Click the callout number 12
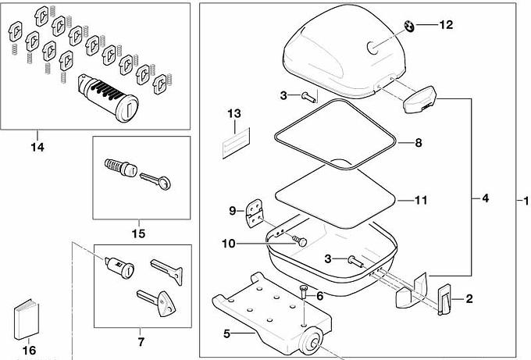click(x=445, y=25)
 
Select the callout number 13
click(x=234, y=114)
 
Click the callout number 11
click(x=420, y=201)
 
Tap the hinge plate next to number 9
click(x=254, y=215)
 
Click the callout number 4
click(x=485, y=199)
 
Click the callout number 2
click(x=469, y=298)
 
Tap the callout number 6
click(x=319, y=296)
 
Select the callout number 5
click(x=227, y=334)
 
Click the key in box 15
click(x=159, y=180)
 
